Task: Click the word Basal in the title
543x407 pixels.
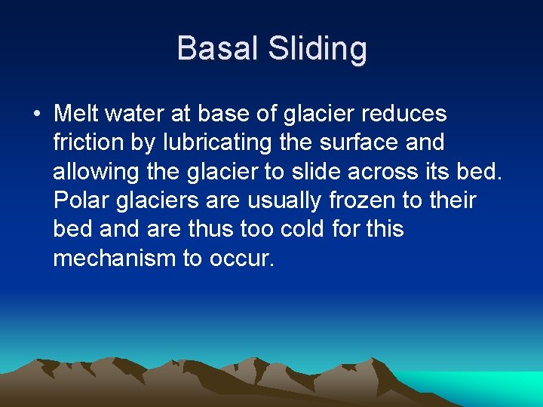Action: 213,49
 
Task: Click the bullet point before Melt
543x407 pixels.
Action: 36,115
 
